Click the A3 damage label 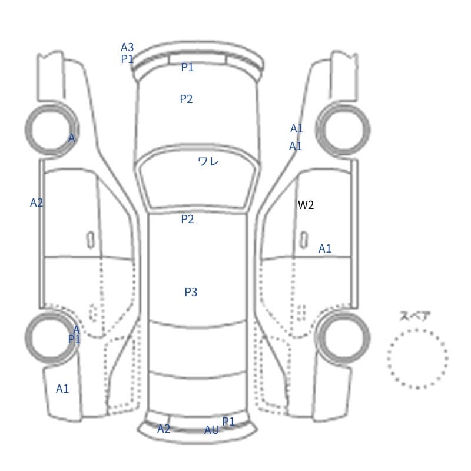point(127,48)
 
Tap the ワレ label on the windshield point(208,161)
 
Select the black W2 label point(306,205)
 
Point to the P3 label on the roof point(191,292)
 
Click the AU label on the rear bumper point(212,430)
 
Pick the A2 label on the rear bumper point(164,429)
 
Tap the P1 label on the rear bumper point(228,422)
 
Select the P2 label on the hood point(186,99)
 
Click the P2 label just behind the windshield point(187,219)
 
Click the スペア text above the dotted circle point(411,316)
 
